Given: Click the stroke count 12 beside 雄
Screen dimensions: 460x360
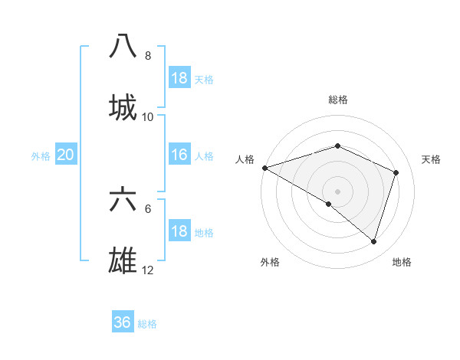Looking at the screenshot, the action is click(x=148, y=270).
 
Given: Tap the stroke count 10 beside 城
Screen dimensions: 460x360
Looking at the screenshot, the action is click(x=148, y=116).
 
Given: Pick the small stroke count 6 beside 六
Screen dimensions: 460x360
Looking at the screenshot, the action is click(x=148, y=208).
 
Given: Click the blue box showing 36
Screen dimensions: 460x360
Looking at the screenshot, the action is click(x=123, y=322).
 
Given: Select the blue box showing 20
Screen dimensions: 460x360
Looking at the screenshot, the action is click(x=66, y=155).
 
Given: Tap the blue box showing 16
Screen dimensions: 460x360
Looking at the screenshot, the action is click(x=179, y=155).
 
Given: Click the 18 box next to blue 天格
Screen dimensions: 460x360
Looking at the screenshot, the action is click(x=179, y=78).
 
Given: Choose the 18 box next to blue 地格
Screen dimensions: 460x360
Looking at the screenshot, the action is click(x=179, y=231).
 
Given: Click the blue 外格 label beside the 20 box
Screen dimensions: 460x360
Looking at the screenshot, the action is click(x=41, y=155).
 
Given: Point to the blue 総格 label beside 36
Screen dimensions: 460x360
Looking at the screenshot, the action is click(x=147, y=323).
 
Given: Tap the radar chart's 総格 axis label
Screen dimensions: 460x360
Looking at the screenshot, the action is click(x=338, y=100).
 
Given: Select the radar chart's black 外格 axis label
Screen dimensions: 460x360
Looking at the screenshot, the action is click(x=270, y=262).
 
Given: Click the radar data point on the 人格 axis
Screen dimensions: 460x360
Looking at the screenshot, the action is click(x=264, y=168).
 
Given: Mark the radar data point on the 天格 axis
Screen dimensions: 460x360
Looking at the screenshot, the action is click(x=396, y=172).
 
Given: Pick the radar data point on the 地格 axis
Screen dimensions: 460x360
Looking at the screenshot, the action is click(x=373, y=241).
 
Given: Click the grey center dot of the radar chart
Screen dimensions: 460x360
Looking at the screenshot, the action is click(x=337, y=191).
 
